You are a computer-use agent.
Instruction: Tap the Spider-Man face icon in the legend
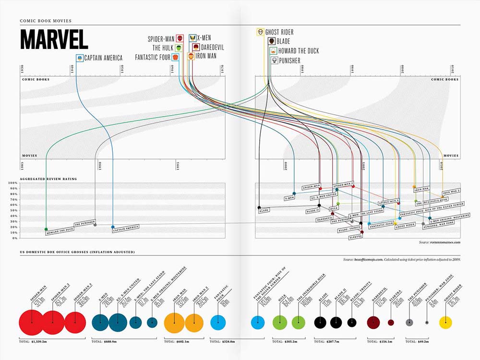coord(180,37)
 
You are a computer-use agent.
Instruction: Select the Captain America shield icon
coord(79,58)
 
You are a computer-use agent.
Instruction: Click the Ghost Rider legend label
coord(279,32)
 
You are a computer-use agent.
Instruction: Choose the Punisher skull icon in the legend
coord(274,60)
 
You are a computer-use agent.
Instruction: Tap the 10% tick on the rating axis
coord(13,233)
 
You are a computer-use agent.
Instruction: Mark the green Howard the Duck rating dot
coord(46,229)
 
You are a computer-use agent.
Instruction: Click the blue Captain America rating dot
coord(113,227)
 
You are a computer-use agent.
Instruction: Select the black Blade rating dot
coord(259,208)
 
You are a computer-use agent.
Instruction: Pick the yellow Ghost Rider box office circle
coord(446,322)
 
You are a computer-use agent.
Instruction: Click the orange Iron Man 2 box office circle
coord(194,322)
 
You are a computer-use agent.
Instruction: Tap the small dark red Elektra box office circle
coord(391,323)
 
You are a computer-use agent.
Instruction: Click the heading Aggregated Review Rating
coord(48,179)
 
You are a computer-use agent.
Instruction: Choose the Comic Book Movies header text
coord(46,21)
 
